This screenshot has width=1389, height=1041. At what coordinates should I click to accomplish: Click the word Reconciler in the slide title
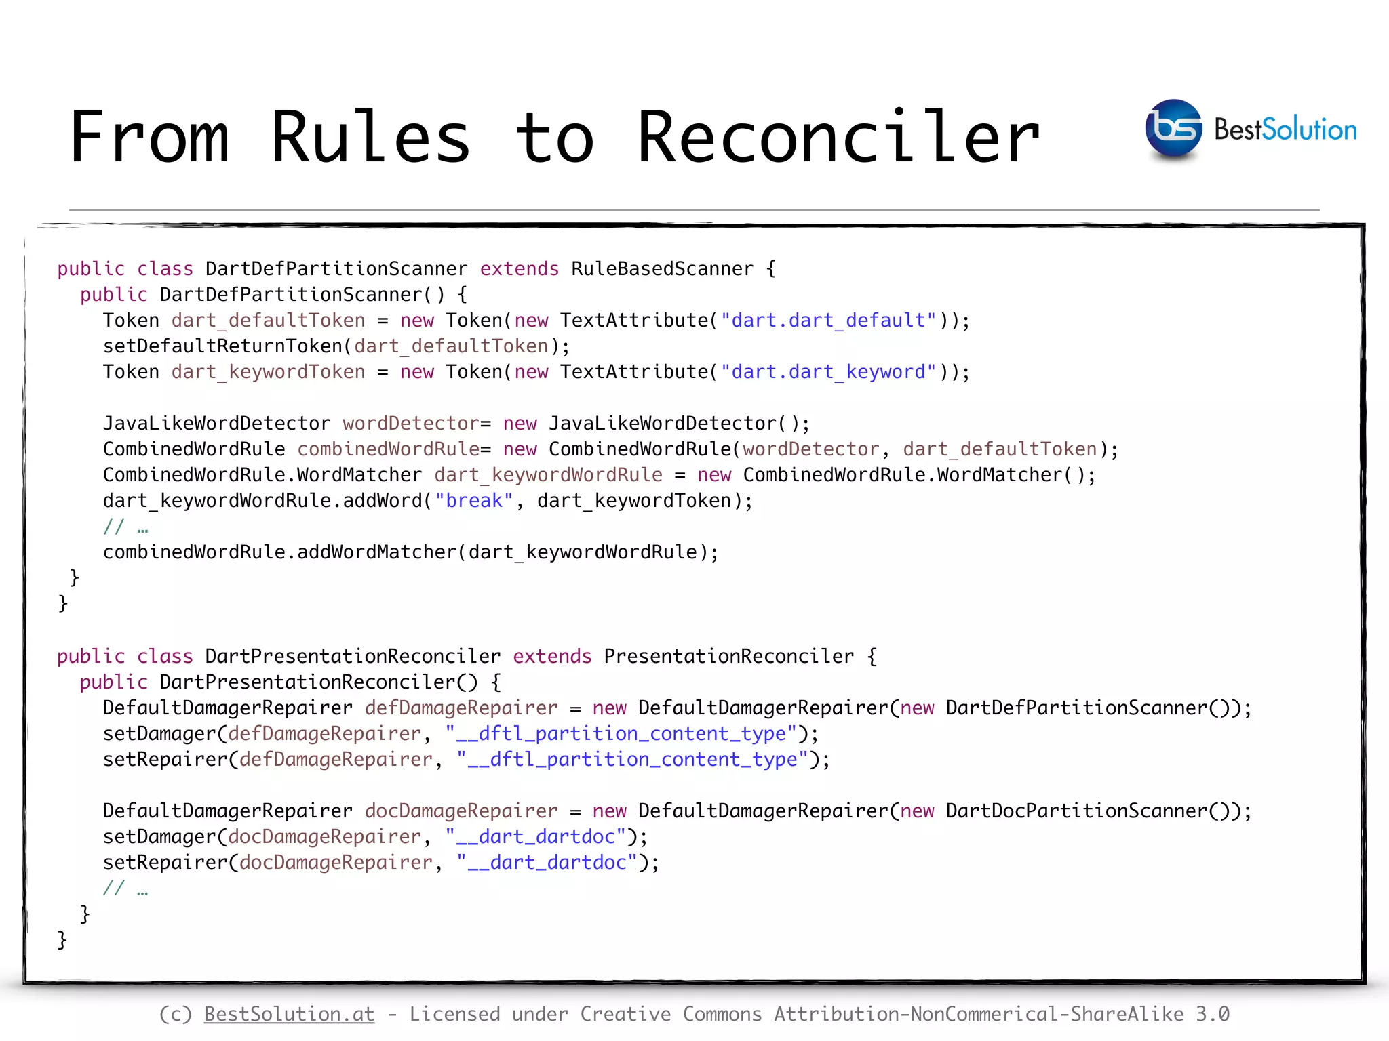coord(838,138)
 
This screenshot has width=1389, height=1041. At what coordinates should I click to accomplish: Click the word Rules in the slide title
coord(370,138)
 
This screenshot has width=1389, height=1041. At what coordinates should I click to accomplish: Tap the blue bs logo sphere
coord(1173,129)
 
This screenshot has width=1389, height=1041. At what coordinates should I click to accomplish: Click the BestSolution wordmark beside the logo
coord(1285,129)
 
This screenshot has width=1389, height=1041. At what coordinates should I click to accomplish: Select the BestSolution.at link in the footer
coord(289,1014)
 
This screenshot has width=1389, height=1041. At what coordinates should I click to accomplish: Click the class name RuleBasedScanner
coord(662,269)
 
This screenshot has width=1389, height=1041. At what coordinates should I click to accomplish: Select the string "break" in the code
coord(474,501)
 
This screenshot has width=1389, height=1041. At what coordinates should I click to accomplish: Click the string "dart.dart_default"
coord(828,321)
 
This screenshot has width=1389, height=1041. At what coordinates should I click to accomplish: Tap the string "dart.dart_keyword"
coord(828,372)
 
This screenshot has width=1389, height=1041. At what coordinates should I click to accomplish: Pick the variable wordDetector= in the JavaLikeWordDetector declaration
coord(416,424)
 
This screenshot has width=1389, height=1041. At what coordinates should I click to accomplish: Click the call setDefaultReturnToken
coord(223,346)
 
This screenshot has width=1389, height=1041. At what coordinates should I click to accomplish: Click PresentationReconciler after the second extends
coord(728,657)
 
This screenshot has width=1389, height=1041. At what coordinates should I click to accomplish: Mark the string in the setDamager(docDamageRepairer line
coord(535,837)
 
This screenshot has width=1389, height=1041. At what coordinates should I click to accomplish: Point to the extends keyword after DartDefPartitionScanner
coord(520,269)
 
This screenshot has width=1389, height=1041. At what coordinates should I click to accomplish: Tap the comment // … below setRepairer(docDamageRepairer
coord(125,889)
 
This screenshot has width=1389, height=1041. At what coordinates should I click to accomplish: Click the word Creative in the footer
coord(625,1014)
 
